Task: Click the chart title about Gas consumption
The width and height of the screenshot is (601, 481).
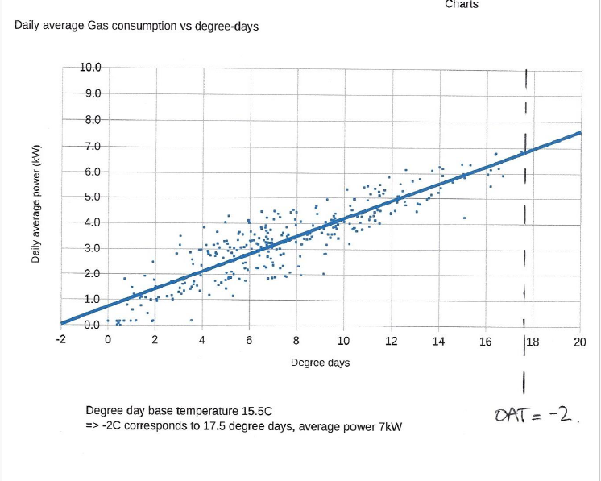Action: click(x=136, y=27)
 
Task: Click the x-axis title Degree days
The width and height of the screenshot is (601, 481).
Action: click(x=320, y=363)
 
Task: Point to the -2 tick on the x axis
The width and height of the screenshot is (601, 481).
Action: click(x=60, y=341)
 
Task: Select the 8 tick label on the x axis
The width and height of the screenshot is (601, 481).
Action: click(x=296, y=341)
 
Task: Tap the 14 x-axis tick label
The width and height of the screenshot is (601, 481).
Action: click(x=438, y=341)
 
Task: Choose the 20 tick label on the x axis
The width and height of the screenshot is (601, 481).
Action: click(x=580, y=341)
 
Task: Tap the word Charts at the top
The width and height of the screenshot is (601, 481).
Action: click(x=462, y=5)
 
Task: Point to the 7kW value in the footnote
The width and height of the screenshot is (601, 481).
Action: click(x=391, y=425)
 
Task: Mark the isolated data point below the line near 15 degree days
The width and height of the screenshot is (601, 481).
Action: click(x=464, y=218)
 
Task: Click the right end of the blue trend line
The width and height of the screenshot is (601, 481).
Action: click(x=579, y=133)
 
